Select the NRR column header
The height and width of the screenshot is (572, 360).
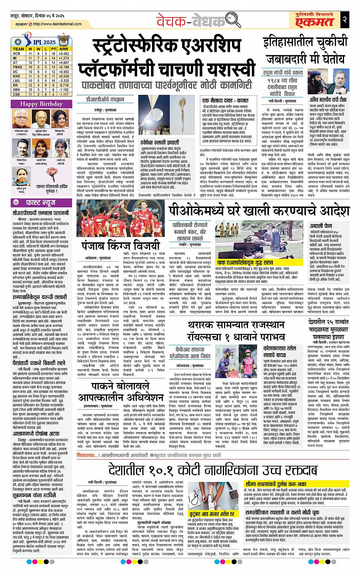64,49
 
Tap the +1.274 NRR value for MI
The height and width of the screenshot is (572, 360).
64,58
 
